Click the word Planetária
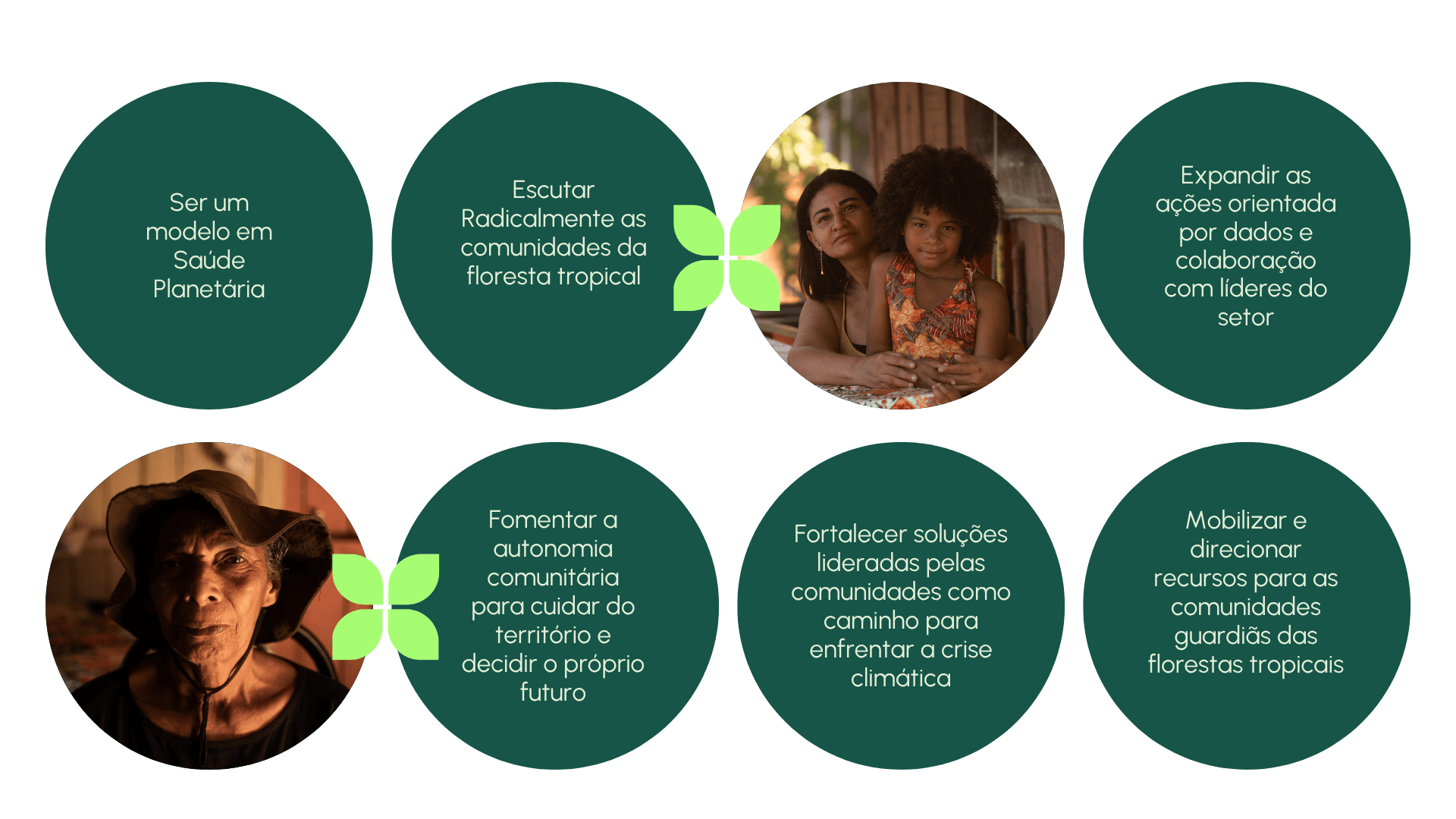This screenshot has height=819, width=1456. pos(209,289)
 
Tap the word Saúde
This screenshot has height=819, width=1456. pos(209,260)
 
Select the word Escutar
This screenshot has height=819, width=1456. pos(553,190)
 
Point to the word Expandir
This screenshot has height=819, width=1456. pos(1216,176)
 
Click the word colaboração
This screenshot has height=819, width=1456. pos(1245,261)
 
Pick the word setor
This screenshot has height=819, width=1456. pos(1245,317)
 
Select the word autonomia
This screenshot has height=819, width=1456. pos(553,548)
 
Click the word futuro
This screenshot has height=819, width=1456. pos(553,692)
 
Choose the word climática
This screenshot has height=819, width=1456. pos(900,678)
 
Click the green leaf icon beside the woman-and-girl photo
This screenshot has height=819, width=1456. pos(726,258)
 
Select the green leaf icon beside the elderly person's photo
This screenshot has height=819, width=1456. pos(385,607)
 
